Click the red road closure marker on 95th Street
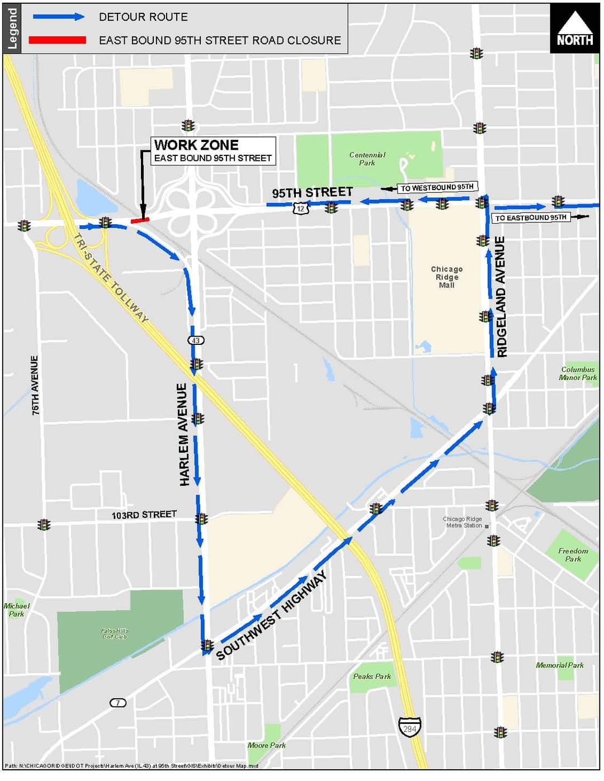140,220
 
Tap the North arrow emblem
574,29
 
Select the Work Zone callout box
213,151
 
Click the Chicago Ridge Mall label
447,277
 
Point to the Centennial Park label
367,159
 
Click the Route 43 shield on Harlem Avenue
195,340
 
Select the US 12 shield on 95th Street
301,209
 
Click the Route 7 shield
117,703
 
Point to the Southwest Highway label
271,616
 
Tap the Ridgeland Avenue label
501,297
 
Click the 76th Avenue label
35,385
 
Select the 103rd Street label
144,514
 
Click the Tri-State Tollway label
111,278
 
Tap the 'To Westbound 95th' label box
437,187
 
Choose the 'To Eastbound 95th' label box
531,217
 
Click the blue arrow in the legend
58,17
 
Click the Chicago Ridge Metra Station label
463,522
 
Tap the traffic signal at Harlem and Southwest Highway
207,646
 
